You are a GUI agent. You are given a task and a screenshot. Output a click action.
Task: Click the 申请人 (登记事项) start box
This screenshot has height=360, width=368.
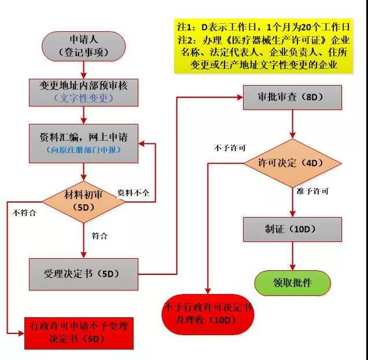pos(83,45)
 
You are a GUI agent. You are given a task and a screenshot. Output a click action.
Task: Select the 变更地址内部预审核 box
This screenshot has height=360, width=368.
pos(84,91)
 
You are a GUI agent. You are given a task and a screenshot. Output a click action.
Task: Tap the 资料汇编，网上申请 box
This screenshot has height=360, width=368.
pos(84,142)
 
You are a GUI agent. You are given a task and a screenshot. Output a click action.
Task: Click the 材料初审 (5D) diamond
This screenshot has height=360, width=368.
pos(84,200)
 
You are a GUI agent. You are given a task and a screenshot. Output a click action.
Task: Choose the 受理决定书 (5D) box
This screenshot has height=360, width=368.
pos(84,274)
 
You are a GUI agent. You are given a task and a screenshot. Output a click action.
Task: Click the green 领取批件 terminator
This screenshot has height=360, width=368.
pos(292,283)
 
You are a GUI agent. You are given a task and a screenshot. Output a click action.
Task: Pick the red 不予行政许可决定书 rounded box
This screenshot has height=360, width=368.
pos(209,314)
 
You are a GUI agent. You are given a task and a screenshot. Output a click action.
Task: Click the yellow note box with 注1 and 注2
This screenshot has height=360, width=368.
pos(264,46)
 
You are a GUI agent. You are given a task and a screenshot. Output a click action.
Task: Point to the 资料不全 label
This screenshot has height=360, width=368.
pos(133,193)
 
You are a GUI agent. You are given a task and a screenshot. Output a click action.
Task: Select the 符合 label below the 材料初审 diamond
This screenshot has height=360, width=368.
pos(99,236)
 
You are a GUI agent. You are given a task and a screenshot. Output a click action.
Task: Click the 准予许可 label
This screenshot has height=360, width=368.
pos(312,191)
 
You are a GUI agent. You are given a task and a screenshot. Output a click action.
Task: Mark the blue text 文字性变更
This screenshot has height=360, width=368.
pos(84,98)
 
